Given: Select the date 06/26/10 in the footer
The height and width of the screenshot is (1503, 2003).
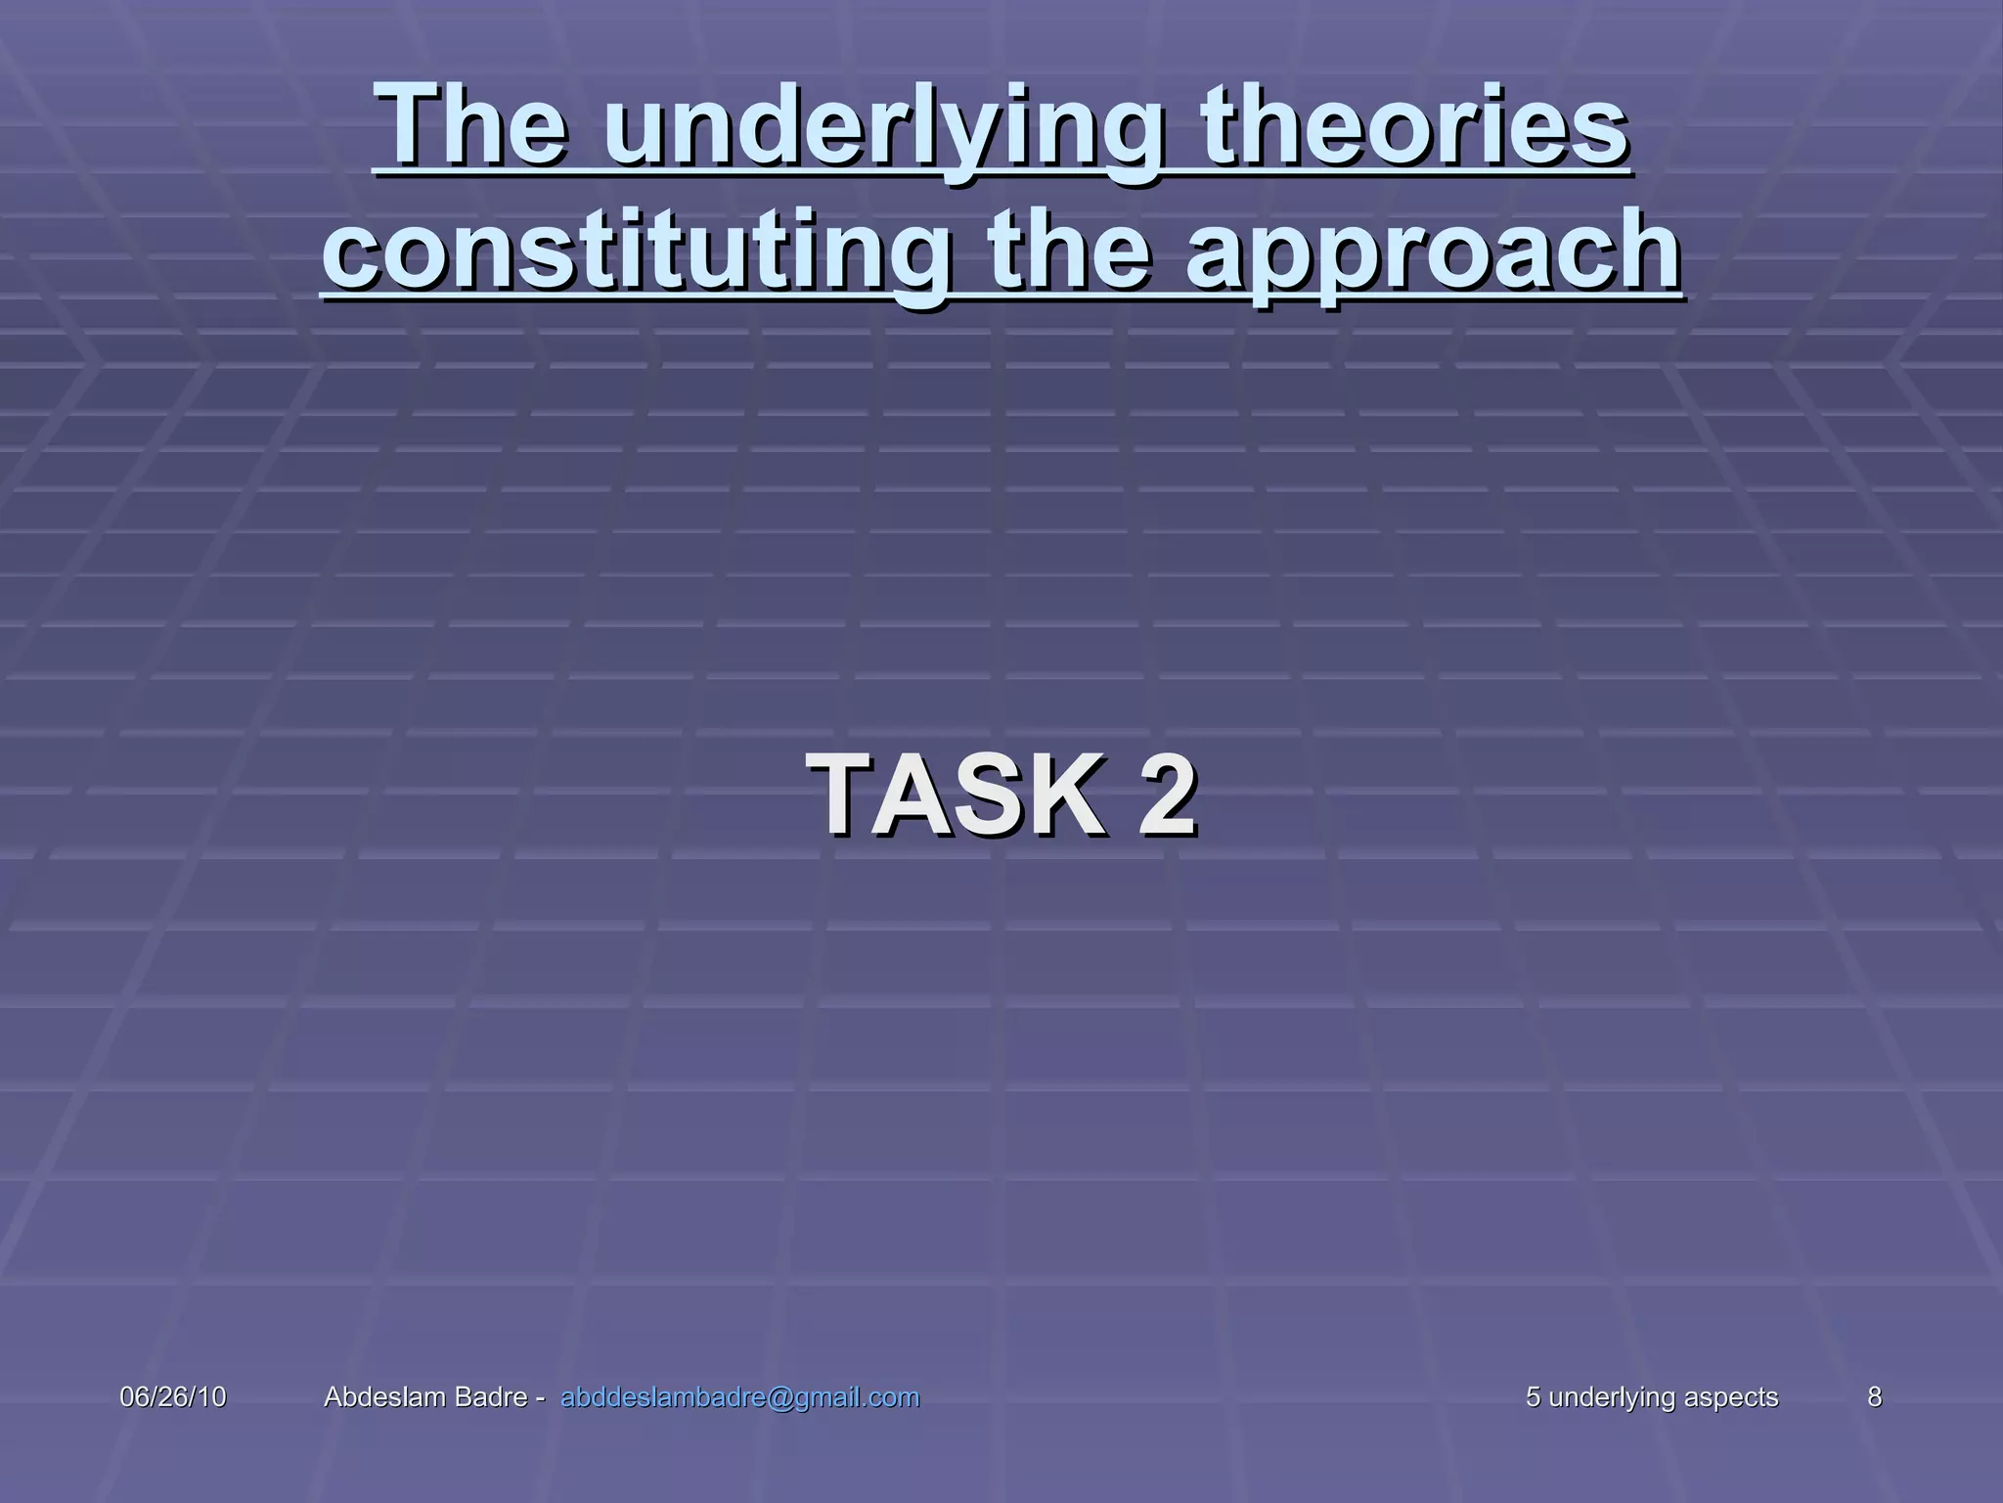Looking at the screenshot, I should point(172,1397).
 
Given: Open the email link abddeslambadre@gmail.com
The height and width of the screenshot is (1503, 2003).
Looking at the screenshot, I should point(739,1397).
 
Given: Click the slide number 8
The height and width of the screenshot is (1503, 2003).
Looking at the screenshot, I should point(1874,1397).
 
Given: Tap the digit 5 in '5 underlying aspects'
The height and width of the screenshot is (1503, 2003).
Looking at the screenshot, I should point(1533,1397).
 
